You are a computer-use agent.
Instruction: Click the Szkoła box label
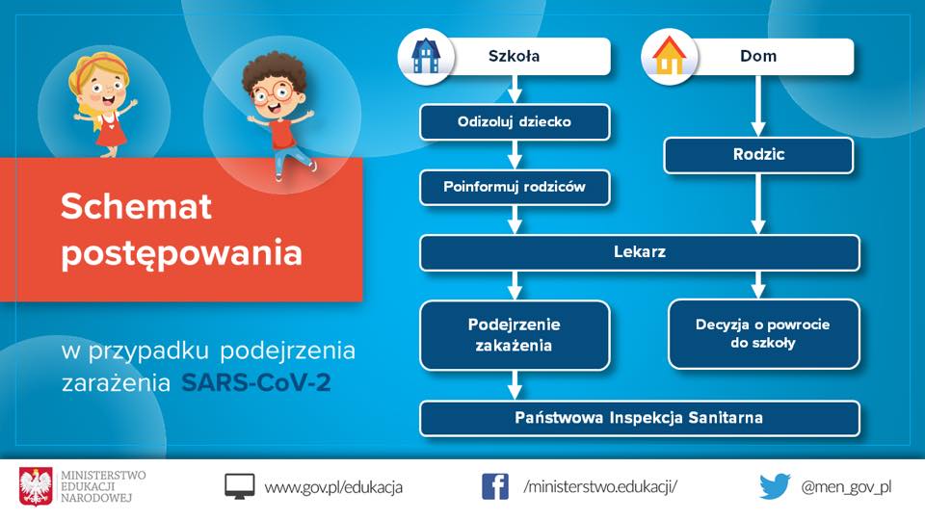[514, 56]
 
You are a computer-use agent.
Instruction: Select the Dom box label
[758, 56]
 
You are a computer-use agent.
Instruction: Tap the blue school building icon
[426, 56]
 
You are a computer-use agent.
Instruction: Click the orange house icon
[670, 56]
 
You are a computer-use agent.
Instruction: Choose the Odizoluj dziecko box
[515, 122]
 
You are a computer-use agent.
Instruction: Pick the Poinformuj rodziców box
[515, 188]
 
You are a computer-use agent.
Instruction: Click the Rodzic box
[758, 155]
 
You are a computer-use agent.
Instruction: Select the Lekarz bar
[640, 252]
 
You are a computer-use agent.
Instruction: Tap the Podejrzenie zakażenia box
[515, 335]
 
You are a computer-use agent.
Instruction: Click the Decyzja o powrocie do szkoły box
[763, 334]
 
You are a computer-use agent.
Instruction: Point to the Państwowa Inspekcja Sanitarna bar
[640, 418]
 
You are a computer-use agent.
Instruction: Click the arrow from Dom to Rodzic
[758, 106]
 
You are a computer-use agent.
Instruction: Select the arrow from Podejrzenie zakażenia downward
[515, 385]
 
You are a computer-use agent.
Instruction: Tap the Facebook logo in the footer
[495, 486]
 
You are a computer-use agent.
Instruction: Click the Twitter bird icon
[775, 486]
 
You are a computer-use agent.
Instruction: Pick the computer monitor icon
[240, 486]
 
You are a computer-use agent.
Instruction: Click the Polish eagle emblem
[36, 486]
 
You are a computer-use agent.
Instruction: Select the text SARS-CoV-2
[255, 382]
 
